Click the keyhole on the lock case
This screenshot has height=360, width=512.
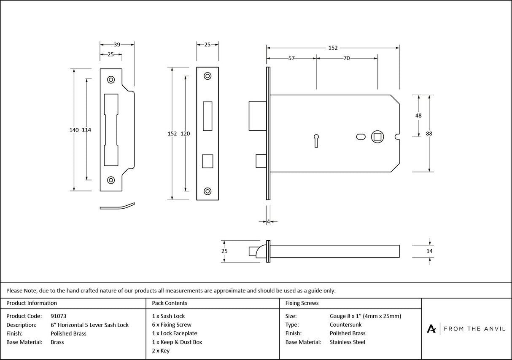point(316,139)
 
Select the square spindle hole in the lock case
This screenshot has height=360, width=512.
point(377,137)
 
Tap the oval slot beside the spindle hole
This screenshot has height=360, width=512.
point(361,137)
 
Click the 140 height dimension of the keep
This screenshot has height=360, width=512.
point(74,130)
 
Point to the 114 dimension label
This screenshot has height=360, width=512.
point(86,130)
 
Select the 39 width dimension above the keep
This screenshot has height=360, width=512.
point(117,44)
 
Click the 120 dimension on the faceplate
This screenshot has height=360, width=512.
point(185,134)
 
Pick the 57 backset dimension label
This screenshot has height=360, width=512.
point(291,59)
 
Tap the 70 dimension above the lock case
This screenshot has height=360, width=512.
point(346,59)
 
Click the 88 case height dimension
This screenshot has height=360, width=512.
point(429,134)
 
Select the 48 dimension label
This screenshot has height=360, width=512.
point(418,116)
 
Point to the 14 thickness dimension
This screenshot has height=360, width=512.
point(429,251)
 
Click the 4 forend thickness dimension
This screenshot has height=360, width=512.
point(268,221)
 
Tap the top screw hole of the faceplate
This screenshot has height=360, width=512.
point(207,76)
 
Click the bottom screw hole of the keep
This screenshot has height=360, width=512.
point(111,180)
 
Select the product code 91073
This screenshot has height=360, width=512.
point(58,316)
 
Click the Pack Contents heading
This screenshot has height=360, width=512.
point(170,303)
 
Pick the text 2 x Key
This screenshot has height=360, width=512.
point(161,351)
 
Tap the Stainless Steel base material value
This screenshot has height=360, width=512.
point(348,342)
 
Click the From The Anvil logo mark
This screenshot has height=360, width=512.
point(431,329)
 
